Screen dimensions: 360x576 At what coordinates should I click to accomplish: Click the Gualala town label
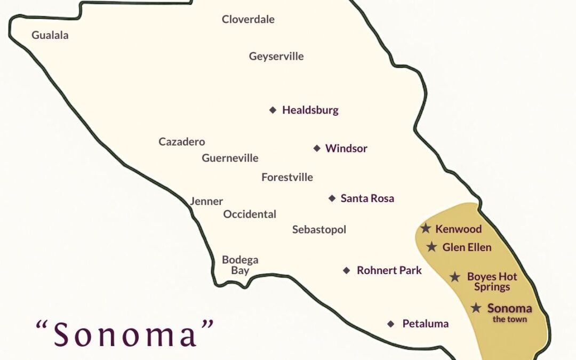[50, 35]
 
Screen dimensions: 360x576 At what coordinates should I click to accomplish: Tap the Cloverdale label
[248, 20]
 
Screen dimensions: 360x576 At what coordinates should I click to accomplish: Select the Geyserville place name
[276, 57]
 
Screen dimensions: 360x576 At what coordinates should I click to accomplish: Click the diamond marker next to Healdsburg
[273, 110]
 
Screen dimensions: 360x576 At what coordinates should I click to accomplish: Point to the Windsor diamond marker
[317, 148]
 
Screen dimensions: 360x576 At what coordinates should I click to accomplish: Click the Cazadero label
[182, 142]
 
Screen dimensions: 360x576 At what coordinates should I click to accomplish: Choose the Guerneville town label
[230, 158]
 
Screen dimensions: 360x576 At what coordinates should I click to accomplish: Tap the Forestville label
[287, 178]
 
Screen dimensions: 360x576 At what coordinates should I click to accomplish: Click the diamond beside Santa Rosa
[332, 198]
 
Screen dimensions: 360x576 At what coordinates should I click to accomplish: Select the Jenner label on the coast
[206, 202]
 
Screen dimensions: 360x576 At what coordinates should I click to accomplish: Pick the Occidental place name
[250, 214]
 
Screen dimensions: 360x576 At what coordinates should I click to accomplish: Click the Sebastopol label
[319, 230]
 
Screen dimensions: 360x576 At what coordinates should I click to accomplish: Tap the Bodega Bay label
[240, 265]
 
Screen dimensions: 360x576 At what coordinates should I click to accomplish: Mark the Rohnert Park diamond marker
[347, 270]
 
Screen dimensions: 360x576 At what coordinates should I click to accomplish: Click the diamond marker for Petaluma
[391, 324]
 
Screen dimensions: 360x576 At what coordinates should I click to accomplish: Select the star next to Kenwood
[426, 229]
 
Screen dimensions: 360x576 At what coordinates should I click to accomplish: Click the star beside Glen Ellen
[432, 247]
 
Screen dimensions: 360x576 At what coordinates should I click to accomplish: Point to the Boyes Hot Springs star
[455, 277]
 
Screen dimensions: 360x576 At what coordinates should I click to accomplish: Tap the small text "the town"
[509, 319]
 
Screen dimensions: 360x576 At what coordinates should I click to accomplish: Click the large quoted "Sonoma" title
[125, 334]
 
